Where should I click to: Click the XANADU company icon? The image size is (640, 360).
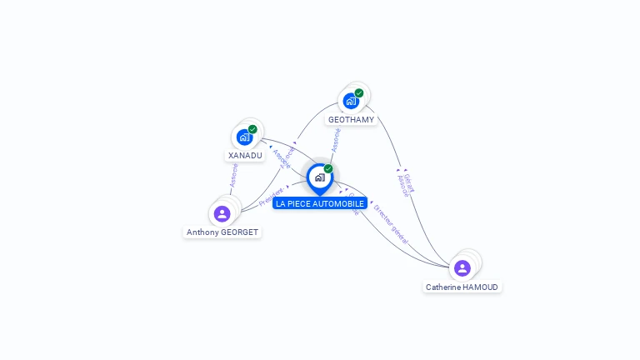244,137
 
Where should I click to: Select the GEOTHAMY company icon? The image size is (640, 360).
351,101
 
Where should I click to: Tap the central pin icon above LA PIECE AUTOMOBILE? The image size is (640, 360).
319,177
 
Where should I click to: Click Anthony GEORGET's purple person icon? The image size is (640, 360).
222,214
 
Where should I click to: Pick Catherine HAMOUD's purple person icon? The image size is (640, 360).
462,268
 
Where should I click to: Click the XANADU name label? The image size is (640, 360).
245,155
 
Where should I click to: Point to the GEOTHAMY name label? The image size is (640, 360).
351,119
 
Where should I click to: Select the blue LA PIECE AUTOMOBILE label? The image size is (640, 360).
320,203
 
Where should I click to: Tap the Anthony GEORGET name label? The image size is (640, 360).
222,232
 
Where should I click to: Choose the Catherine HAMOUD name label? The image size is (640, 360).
462,287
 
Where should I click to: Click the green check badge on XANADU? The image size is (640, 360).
252,129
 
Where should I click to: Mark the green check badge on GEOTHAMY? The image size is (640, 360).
359,93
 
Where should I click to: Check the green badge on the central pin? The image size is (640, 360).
328,169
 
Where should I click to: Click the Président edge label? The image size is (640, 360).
272,196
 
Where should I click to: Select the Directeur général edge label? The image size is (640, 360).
391,222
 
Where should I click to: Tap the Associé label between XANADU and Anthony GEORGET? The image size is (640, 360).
234,174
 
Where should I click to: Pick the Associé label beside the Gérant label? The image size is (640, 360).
402,185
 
